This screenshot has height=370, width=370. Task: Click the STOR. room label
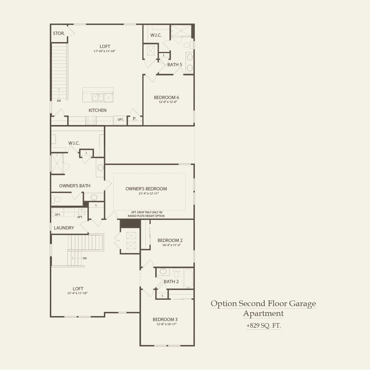59,33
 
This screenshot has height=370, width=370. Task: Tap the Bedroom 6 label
166,97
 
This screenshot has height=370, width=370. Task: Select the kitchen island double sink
98,97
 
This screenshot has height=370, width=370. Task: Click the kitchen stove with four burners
91,120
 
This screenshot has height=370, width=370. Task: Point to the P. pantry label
135,119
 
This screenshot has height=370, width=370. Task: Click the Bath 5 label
175,64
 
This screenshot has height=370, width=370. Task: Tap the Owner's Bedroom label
146,189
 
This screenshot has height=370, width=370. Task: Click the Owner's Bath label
75,186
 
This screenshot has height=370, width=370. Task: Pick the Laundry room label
64,228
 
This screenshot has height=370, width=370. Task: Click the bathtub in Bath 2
188,279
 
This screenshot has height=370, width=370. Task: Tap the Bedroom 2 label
170,240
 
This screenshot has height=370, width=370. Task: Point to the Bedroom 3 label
165,319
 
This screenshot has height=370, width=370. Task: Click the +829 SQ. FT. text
263,326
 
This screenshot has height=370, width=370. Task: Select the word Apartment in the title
263,313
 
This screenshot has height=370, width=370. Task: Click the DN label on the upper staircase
59,101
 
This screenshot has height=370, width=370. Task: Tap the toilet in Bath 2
176,274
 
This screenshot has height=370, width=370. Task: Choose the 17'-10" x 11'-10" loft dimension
104,51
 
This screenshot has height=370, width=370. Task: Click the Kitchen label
97,110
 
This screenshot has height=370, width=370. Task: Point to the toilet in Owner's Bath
56,199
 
